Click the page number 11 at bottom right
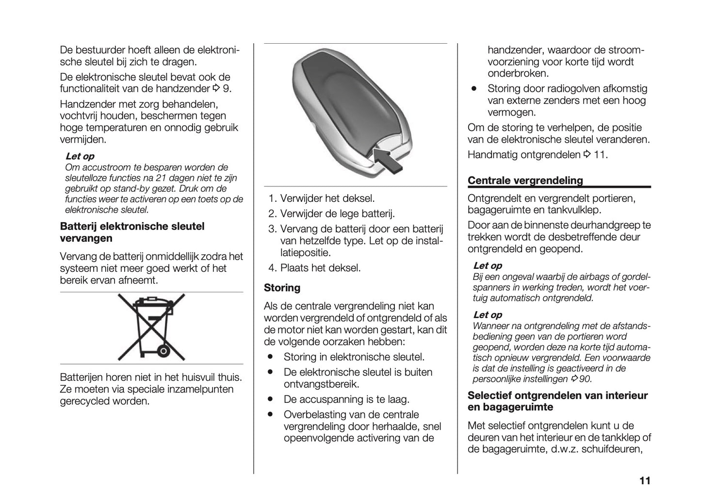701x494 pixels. (x=644, y=481)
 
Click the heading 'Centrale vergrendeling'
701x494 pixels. (x=525, y=181)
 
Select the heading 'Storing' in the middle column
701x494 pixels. (x=282, y=288)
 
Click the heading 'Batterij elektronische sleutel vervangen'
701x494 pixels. (x=132, y=232)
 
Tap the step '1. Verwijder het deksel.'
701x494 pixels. (x=322, y=198)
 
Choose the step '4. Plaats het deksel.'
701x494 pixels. (x=315, y=268)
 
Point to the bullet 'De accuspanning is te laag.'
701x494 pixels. (x=346, y=399)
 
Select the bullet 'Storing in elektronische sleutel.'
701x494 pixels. (x=354, y=357)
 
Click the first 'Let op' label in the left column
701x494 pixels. (x=80, y=156)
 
